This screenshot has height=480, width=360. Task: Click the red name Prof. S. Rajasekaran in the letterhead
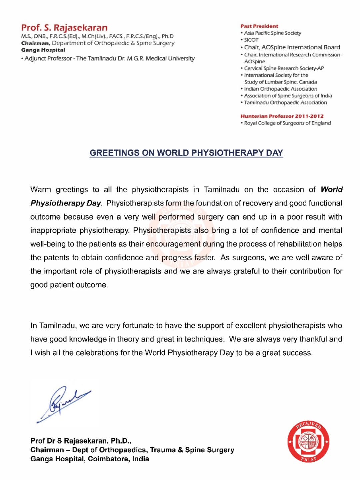coord(64,28)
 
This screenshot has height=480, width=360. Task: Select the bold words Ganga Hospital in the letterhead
coord(43,50)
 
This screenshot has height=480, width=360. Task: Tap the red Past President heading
coord(259,26)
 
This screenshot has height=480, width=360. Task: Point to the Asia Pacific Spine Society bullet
coord(272,33)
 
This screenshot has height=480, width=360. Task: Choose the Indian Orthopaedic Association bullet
coord(280,89)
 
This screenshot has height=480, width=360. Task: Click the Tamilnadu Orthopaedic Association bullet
coord(285,103)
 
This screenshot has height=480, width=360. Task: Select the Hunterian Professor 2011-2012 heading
coord(282,116)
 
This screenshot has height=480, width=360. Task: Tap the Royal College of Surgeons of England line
coord(287,123)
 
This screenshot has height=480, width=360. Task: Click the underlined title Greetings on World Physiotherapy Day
coord(186,153)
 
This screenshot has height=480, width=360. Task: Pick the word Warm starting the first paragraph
coord(41,190)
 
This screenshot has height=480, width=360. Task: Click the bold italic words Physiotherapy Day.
coord(66,203)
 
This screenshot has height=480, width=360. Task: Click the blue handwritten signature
coord(63,403)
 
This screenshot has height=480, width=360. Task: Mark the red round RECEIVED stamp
coord(308,442)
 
